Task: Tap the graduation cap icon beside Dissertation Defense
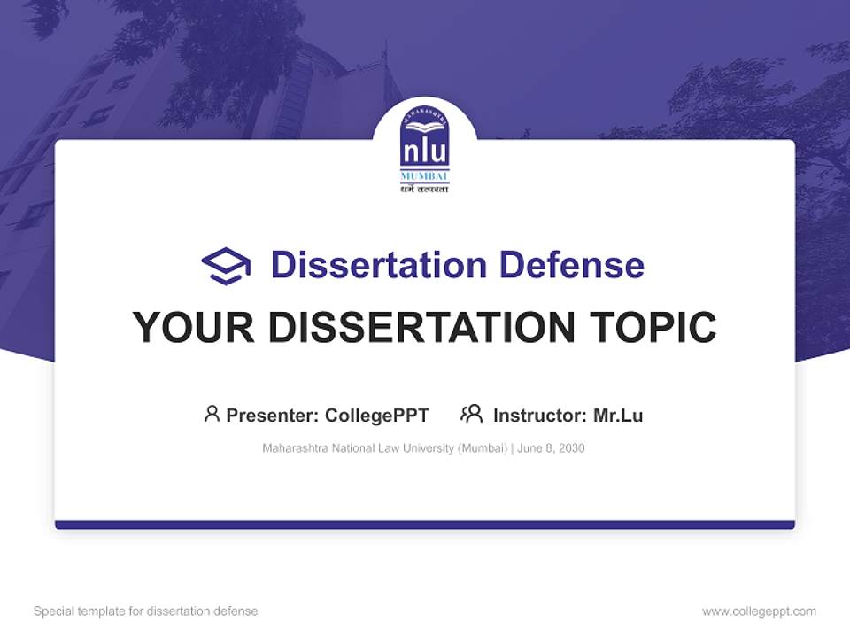click(x=226, y=266)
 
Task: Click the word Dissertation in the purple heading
click(x=378, y=265)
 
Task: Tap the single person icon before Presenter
click(x=212, y=414)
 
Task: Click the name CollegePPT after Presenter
click(x=377, y=416)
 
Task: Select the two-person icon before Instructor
click(x=471, y=414)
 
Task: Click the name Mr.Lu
click(x=618, y=416)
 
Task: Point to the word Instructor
click(x=539, y=416)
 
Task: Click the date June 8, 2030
click(x=551, y=448)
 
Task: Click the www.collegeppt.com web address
click(x=759, y=611)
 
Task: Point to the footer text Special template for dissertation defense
click(x=145, y=611)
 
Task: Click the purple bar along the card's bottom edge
click(x=425, y=525)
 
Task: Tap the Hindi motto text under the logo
click(x=425, y=189)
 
